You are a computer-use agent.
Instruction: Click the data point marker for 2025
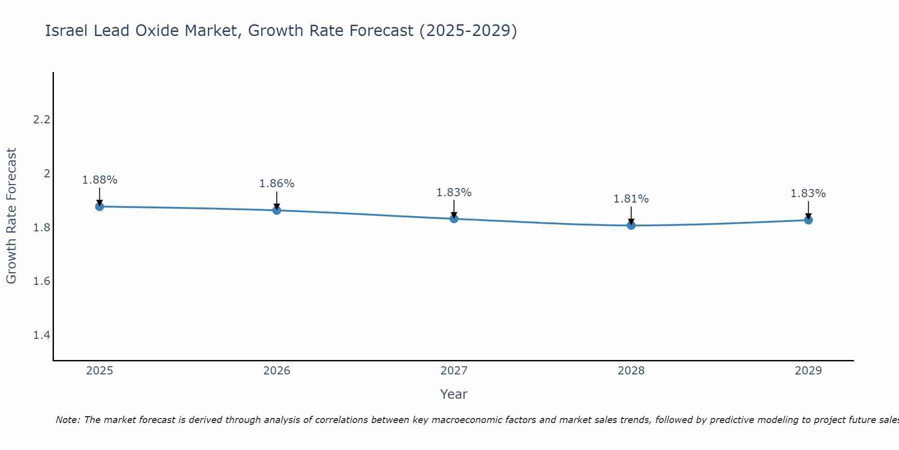click(99, 207)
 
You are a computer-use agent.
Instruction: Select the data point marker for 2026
click(276, 210)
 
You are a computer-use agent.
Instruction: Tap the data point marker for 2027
click(454, 219)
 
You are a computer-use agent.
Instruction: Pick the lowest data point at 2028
click(631, 225)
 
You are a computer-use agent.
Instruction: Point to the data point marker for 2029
click(808, 220)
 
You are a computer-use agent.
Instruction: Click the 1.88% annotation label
click(99, 180)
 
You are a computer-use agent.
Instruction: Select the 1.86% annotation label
click(276, 184)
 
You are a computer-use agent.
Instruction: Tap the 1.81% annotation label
click(631, 199)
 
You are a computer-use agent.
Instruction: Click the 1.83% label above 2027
click(454, 193)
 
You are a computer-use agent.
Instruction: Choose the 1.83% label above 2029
click(808, 193)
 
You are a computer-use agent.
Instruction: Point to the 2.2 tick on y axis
click(41, 120)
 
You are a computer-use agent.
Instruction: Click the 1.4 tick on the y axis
click(41, 335)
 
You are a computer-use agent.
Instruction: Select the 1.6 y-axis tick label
click(41, 281)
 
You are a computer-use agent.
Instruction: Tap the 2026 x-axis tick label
click(276, 371)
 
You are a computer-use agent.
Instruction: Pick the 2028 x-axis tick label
click(631, 371)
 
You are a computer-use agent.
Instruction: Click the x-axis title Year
click(454, 394)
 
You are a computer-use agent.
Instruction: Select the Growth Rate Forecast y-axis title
click(11, 216)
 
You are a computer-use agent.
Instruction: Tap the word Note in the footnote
click(67, 420)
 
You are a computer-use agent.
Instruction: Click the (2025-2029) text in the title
click(468, 31)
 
